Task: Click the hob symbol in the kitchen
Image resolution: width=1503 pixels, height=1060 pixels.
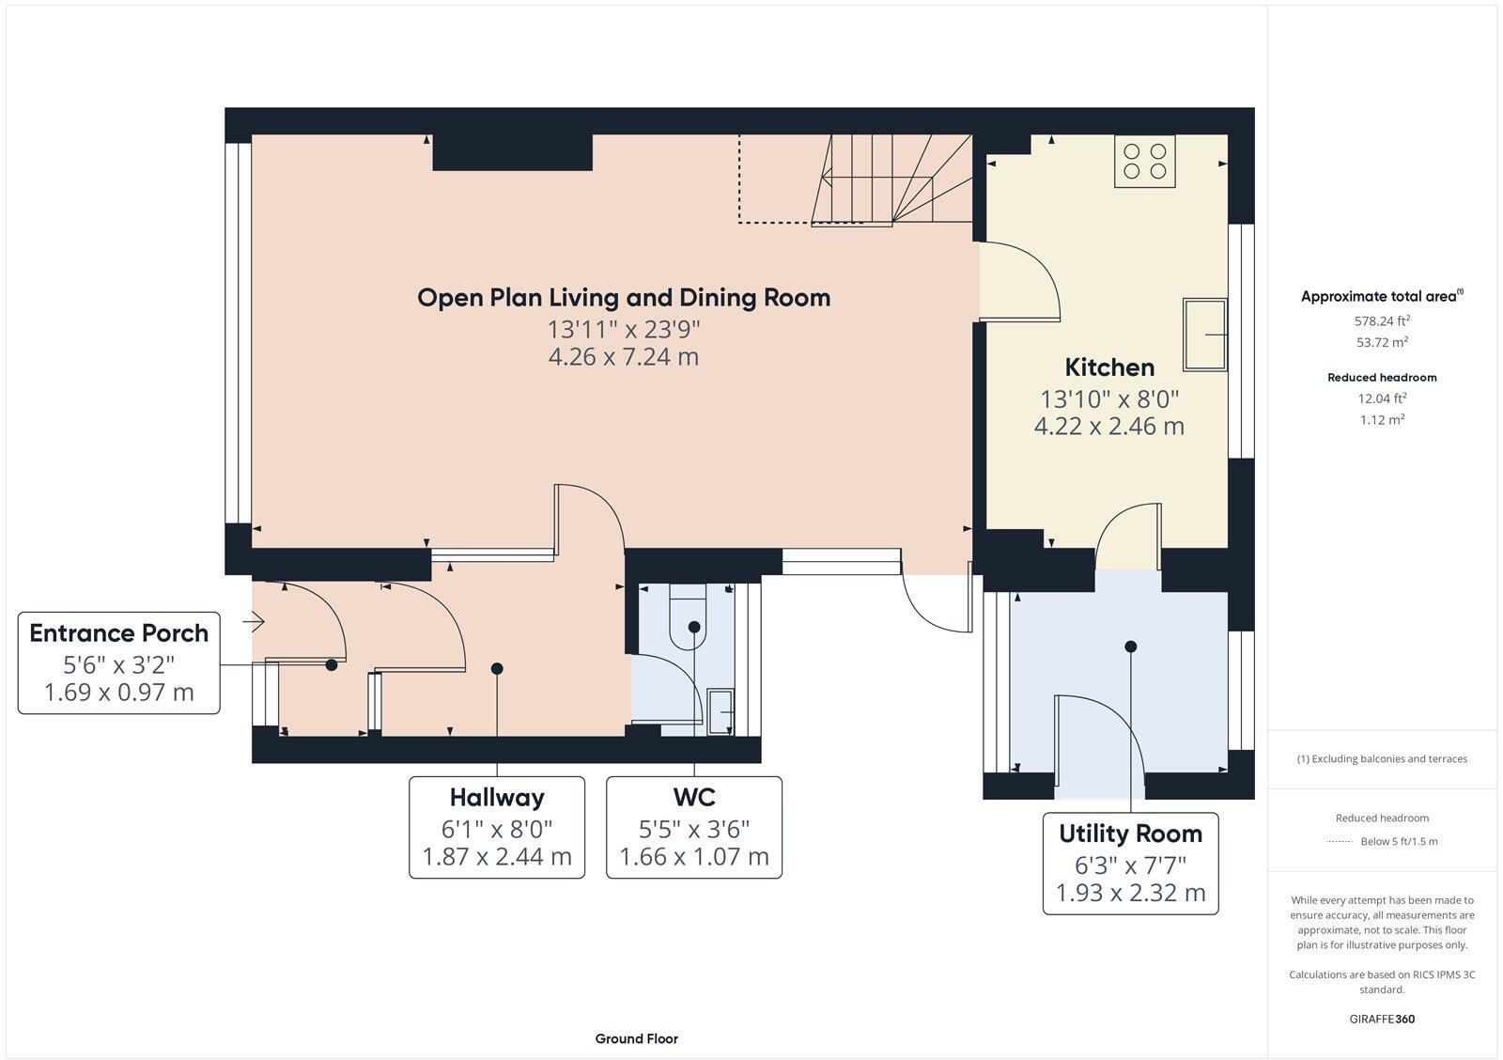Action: (x=1144, y=161)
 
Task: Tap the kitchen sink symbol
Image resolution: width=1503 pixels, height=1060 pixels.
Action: (x=1205, y=334)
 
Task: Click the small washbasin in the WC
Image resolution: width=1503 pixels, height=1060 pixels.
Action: (x=721, y=711)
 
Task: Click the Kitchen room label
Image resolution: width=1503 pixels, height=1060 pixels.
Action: (x=1109, y=367)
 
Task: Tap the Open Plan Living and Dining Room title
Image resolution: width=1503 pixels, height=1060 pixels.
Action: (x=624, y=298)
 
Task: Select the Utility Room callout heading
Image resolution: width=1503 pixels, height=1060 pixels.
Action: (x=1130, y=834)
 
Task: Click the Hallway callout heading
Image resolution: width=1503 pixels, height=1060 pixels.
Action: (x=496, y=798)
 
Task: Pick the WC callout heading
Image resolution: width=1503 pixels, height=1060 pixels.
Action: (x=693, y=798)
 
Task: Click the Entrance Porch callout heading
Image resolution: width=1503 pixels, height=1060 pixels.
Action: (x=118, y=633)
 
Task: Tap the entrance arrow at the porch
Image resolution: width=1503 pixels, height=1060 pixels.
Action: (x=256, y=621)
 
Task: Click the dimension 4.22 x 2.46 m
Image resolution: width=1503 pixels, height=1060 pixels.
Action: (x=1108, y=427)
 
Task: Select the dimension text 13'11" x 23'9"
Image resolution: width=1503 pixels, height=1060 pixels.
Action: (x=624, y=330)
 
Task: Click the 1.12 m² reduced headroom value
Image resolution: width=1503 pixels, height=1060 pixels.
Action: (x=1382, y=420)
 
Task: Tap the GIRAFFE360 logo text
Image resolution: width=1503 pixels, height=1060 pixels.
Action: (x=1382, y=1019)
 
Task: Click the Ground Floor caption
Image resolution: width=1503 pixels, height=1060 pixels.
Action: (x=636, y=1038)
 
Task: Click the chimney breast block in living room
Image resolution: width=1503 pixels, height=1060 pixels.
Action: (x=512, y=152)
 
